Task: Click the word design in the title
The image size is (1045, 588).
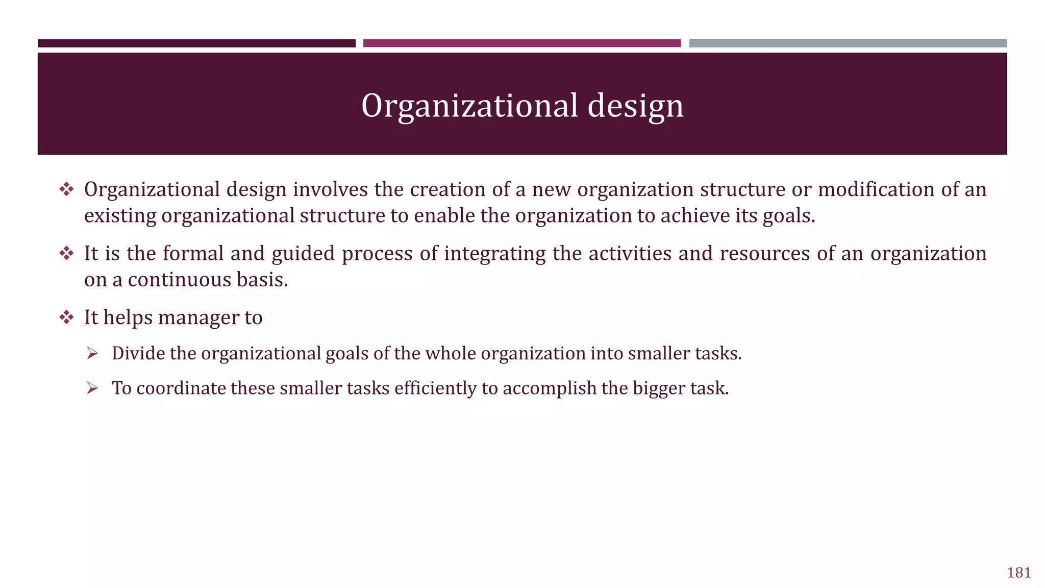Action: point(635,106)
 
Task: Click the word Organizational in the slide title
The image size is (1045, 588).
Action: point(470,106)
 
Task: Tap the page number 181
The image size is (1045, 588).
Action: point(1019,573)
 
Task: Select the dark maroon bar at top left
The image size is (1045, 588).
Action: point(196,43)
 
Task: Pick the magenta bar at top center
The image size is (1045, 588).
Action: point(521,43)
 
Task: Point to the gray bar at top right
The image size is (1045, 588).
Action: point(848,43)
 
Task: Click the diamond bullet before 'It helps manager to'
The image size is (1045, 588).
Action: point(66,317)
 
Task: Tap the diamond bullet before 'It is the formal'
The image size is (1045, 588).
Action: point(66,253)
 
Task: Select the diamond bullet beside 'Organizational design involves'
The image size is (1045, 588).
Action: point(66,189)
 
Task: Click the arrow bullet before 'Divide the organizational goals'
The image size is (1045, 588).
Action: point(92,353)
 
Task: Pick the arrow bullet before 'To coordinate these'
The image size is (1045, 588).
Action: point(92,388)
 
